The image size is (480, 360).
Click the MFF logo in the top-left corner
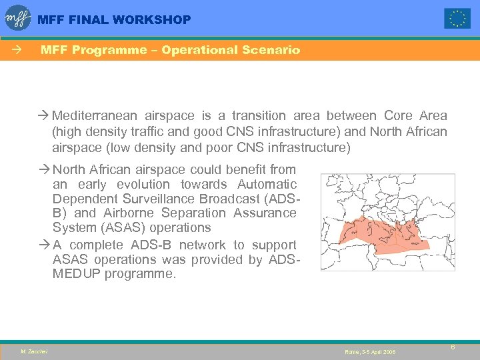click(x=19, y=17)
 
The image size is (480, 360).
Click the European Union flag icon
click(x=457, y=18)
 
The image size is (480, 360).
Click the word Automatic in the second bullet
click(x=265, y=184)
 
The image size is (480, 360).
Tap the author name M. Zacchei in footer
click(x=34, y=351)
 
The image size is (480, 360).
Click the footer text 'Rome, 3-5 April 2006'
click(x=370, y=351)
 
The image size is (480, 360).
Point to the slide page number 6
click(x=453, y=347)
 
